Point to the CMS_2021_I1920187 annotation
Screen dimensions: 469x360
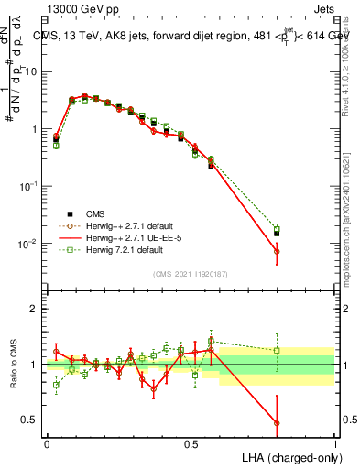click(x=190, y=272)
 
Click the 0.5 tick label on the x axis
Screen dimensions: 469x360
click(x=191, y=443)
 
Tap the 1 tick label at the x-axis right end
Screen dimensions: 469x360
click(x=334, y=443)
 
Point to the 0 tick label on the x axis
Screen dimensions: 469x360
click(x=47, y=443)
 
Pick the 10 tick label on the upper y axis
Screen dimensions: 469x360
click(x=30, y=72)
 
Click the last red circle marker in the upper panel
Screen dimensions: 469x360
click(x=277, y=251)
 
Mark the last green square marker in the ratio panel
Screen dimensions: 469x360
click(x=277, y=350)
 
